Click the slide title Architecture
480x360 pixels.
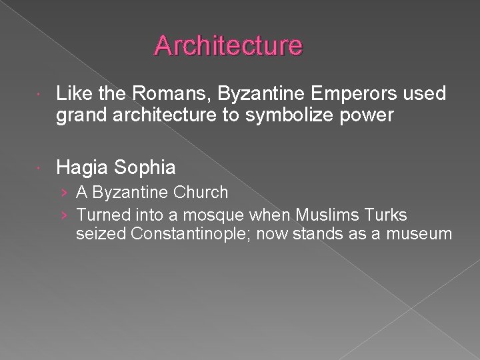tap(229, 45)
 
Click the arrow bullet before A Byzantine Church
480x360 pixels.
tap(63, 193)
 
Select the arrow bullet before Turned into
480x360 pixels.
tap(63, 215)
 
